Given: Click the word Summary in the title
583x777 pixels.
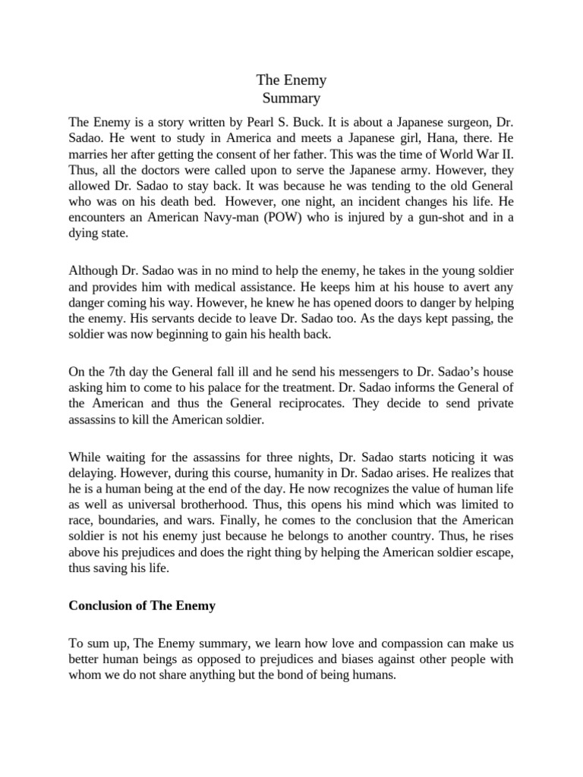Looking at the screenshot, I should click(291, 98).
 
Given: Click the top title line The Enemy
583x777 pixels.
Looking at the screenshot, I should click(291, 80).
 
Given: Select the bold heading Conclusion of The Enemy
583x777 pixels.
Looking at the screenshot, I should click(143, 606).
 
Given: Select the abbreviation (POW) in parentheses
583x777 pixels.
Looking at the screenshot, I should click(326, 219).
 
